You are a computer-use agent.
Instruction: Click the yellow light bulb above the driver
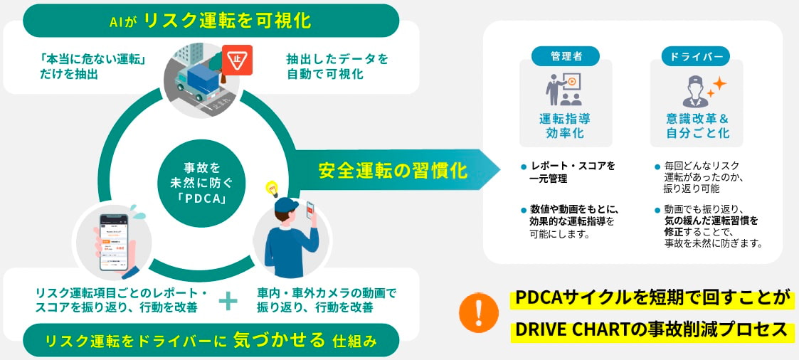(x=271, y=189)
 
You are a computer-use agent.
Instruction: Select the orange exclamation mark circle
(x=478, y=312)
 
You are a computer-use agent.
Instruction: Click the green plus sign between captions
(x=227, y=301)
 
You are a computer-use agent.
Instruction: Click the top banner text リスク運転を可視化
(x=227, y=20)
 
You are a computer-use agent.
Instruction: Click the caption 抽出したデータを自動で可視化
(x=337, y=66)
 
